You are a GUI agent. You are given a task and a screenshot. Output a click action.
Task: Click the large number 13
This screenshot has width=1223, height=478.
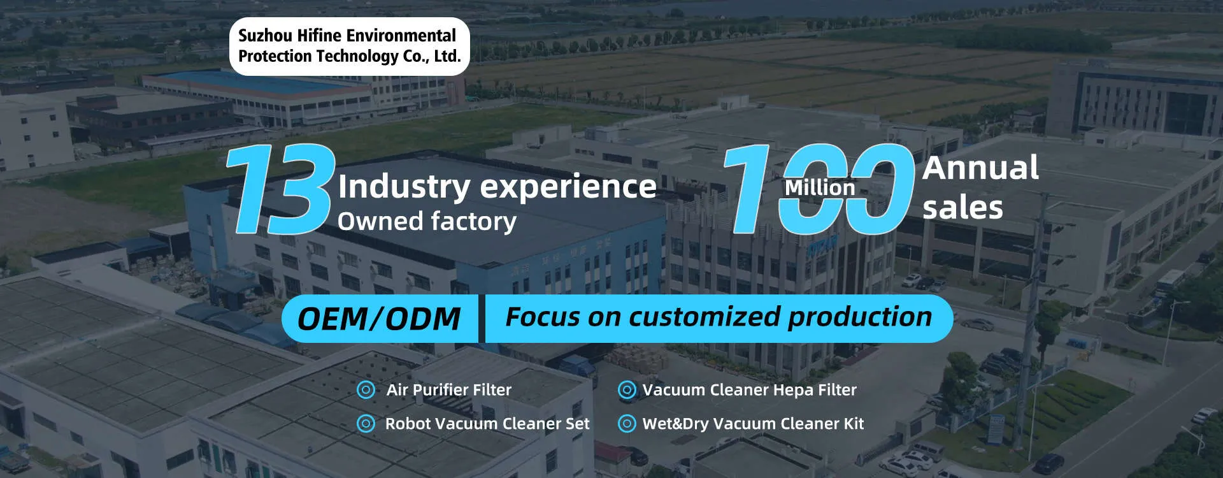point(281,189)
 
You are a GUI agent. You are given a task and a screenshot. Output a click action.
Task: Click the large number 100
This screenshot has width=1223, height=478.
point(819,189)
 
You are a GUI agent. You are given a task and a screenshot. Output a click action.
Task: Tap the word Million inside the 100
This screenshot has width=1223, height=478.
point(820,187)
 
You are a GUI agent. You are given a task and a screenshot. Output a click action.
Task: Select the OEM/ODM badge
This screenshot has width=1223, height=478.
point(380,319)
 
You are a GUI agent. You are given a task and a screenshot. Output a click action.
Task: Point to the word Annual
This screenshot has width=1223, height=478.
point(980,168)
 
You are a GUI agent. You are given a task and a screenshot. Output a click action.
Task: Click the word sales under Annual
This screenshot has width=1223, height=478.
point(962,208)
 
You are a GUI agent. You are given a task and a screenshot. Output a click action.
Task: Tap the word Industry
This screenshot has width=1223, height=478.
point(404,187)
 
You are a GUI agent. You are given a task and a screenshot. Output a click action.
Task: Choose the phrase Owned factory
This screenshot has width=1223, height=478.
point(427,221)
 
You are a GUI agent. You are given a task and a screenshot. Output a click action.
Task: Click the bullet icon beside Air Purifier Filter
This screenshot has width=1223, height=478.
point(366,390)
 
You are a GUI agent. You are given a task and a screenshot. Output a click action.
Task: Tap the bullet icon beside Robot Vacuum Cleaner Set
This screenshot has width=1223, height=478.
point(366,423)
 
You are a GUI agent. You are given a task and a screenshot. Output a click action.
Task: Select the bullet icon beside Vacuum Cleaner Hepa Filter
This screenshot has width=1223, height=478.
point(627,390)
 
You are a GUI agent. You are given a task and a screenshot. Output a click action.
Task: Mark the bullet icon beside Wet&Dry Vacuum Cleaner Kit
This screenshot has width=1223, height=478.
point(627,423)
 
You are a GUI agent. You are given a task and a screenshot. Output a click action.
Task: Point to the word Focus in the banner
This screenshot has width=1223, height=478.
point(543,317)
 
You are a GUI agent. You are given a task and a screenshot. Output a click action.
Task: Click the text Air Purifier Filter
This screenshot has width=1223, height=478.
point(449,390)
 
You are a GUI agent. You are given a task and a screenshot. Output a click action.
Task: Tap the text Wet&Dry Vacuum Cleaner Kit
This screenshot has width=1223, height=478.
point(753,424)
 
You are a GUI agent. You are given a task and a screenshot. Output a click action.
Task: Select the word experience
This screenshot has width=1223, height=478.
point(568,187)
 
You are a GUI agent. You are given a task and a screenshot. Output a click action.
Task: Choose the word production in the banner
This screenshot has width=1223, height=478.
point(859,317)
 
